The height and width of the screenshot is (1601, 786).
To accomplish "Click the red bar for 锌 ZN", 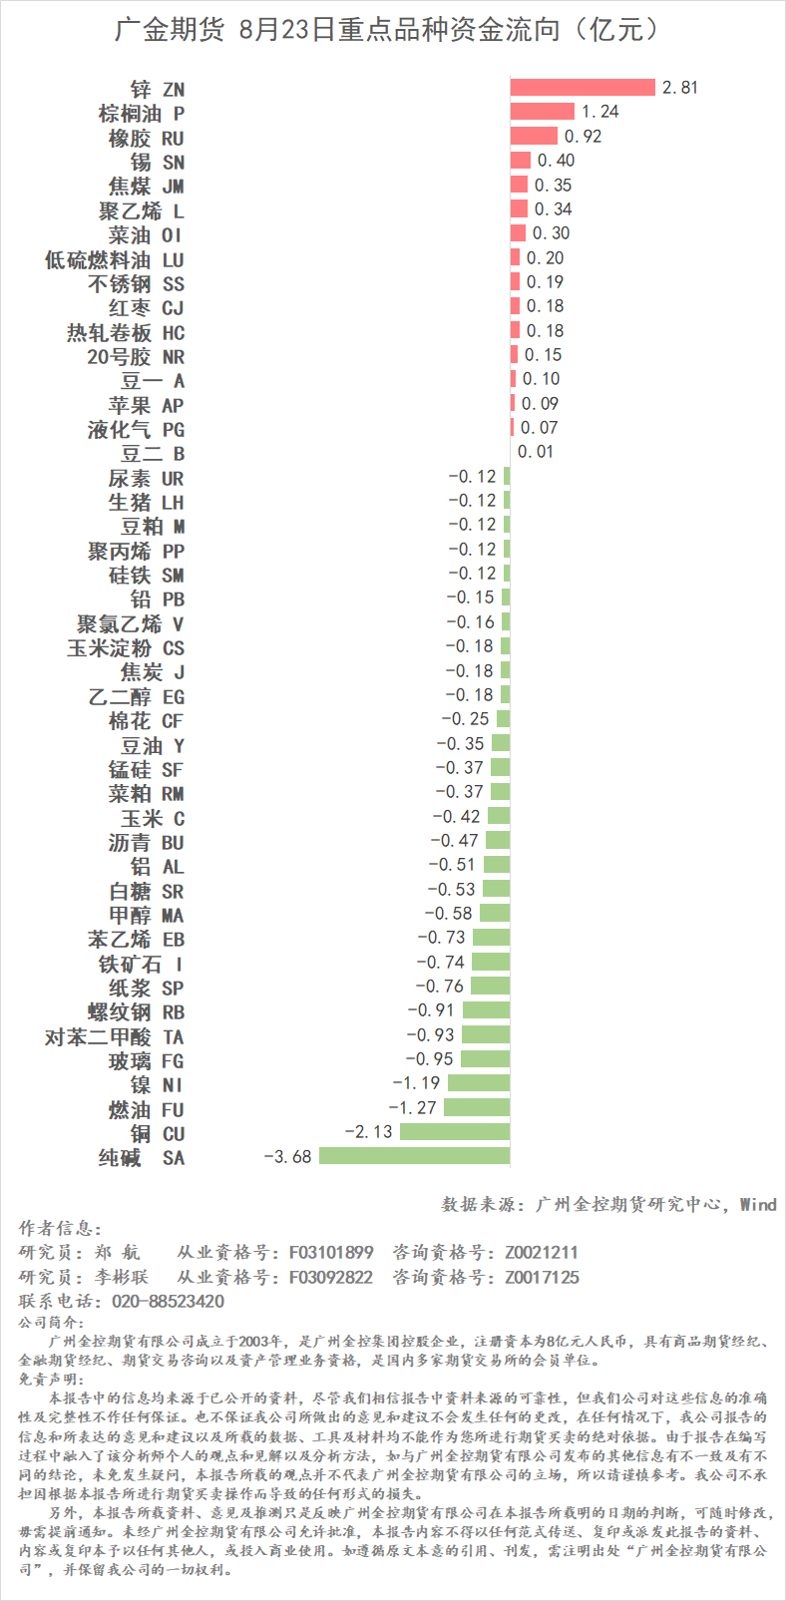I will click(x=583, y=88).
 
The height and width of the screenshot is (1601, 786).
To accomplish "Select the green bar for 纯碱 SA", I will click(x=414, y=1156).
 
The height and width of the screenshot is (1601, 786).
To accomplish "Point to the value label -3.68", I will click(x=288, y=1157).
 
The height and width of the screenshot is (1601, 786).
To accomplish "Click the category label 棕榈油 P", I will click(x=142, y=114).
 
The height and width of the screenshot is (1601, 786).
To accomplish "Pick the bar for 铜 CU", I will click(x=455, y=1132).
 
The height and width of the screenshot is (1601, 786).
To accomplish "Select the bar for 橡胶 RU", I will click(x=534, y=137).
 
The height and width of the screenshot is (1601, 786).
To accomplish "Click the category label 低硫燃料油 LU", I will click(x=115, y=260).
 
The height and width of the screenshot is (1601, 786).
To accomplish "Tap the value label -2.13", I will click(x=369, y=1132).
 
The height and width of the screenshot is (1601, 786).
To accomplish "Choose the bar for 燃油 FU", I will click(x=477, y=1108).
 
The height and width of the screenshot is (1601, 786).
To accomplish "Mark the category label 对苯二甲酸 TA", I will click(x=115, y=1037).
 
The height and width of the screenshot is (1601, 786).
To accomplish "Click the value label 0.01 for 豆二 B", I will click(x=537, y=452).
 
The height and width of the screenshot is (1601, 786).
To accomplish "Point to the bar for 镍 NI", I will click(x=479, y=1083).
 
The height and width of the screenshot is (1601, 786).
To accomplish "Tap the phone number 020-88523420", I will click(x=168, y=1302).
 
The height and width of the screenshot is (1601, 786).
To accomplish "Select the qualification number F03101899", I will click(x=331, y=1253).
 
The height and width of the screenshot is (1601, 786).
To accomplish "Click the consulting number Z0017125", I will click(x=542, y=1278).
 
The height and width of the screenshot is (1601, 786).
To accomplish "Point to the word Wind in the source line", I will click(x=758, y=1205).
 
